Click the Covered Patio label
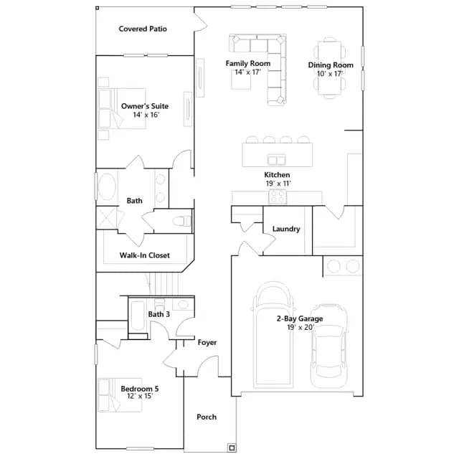pos(143,29)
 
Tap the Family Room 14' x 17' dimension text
pos(248,72)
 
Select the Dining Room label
pos(331,65)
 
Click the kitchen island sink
pos(277,160)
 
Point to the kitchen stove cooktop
pos(278,197)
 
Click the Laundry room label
pos(286,229)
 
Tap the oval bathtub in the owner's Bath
pos(107,186)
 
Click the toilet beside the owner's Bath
pos(181,221)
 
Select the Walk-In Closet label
pos(145,255)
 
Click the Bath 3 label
pos(159,314)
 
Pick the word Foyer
pos(207,342)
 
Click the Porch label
pos(207,417)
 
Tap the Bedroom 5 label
pos(140,389)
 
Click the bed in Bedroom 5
pos(120,395)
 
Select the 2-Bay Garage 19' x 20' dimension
pos(301,327)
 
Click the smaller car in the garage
pos(329,346)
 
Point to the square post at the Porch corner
pos(232,448)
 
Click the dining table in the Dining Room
pos(330,68)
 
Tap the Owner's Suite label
pos(145,106)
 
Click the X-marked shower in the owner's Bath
pos(107,218)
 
